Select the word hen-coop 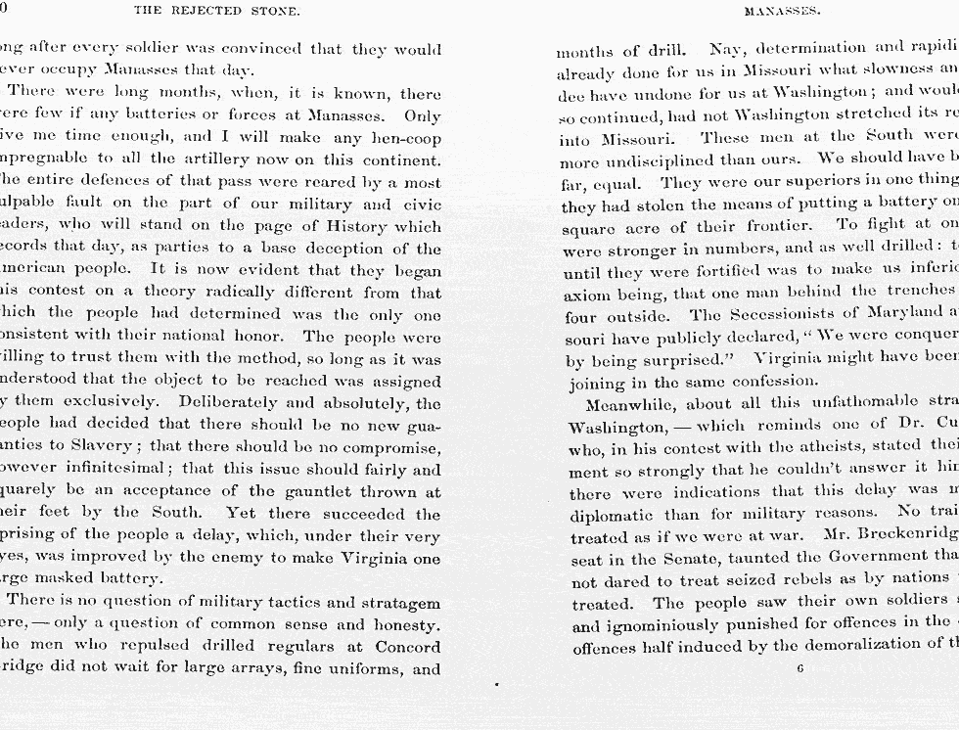(404, 137)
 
